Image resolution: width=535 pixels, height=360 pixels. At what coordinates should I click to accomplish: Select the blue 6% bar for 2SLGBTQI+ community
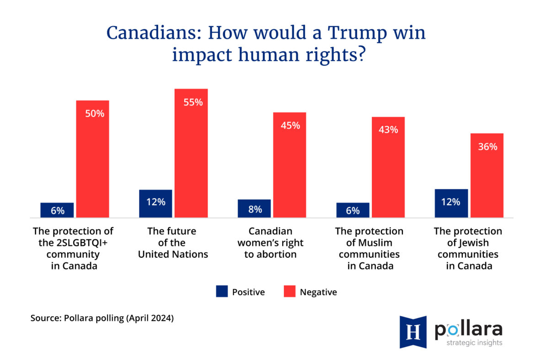[x=57, y=210]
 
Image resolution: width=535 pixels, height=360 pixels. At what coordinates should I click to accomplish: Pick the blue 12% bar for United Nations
[x=155, y=203]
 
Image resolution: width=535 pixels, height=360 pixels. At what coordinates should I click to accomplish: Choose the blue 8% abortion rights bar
[x=254, y=208]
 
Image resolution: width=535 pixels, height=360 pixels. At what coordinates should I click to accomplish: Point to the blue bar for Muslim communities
[x=353, y=210]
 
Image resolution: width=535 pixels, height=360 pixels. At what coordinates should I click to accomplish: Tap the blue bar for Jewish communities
[x=451, y=203]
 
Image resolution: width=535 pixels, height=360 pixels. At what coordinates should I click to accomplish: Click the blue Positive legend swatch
[x=222, y=291]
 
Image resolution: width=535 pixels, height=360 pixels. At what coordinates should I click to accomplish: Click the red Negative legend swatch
[x=289, y=291]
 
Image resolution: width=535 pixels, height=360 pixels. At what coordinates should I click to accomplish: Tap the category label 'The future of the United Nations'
[x=173, y=243]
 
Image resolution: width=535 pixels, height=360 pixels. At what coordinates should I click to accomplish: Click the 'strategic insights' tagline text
[x=468, y=343]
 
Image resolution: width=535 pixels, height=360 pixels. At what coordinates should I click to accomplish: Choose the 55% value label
[x=193, y=102]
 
